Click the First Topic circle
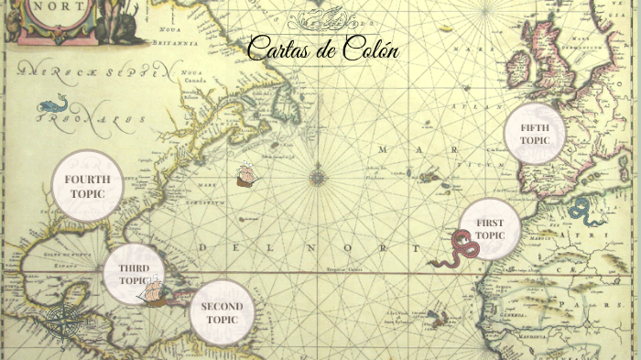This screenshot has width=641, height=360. click(490, 229)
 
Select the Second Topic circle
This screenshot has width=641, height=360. click(222, 312)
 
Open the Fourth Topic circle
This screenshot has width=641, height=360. click(87, 186)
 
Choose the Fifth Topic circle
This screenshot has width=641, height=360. click(534, 134)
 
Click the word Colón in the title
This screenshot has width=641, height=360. click(370, 49)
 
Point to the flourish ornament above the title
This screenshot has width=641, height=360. click(324, 19)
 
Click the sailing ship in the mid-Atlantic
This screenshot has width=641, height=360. click(245, 174)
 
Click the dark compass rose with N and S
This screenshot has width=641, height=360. click(61, 322)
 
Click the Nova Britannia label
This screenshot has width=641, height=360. click(178, 38)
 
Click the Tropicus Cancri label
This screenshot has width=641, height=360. click(344, 269)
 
